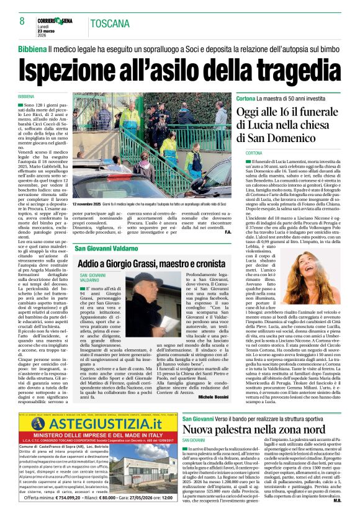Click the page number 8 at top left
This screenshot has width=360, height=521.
coord(22,22)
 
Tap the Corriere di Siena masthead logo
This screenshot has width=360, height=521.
coord(56,20)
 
